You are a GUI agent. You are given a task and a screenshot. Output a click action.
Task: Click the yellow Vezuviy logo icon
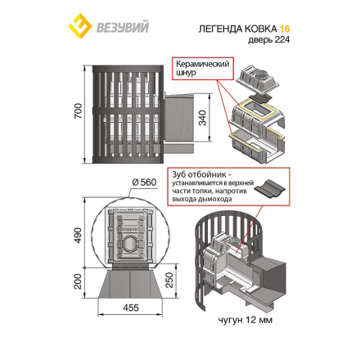tap(79, 25)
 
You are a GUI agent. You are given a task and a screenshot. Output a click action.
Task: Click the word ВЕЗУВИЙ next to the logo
tap(123, 28)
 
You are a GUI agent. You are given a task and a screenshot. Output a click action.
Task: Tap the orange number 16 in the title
tap(285, 29)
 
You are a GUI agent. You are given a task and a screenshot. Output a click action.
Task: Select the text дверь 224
tap(268, 40)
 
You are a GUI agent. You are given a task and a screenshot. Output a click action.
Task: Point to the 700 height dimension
tap(79, 110)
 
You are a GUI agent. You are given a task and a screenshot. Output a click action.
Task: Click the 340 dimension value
tap(202, 118)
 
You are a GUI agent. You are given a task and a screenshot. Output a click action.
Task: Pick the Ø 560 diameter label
tap(144, 182)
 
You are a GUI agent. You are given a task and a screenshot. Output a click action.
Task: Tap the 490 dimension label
tap(78, 236)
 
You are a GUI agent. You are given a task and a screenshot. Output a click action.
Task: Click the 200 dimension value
tap(78, 281)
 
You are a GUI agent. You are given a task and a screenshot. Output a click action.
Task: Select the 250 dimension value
tap(169, 280)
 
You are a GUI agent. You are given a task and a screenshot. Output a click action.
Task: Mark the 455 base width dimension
tap(131, 308)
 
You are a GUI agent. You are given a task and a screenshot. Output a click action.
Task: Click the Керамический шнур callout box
tap(203, 69)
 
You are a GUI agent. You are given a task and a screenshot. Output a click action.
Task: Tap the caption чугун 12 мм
tap(245, 319)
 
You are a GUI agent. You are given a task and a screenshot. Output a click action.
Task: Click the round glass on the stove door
tap(130, 244)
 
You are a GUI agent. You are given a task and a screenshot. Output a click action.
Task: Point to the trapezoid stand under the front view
tap(130, 283)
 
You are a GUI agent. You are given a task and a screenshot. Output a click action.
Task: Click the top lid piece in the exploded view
tap(258, 79)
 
